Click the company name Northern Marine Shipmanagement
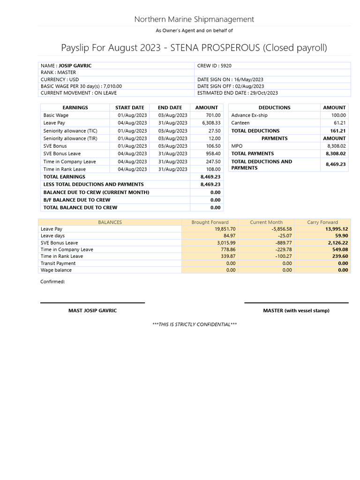(194, 19)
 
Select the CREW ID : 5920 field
(214, 66)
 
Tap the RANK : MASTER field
(58, 73)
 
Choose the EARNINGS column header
(75, 107)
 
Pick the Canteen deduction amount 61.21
(339, 123)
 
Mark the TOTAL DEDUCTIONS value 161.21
(337, 131)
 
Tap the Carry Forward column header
(322, 222)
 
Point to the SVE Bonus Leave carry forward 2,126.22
(337, 243)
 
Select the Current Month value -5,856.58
(280, 229)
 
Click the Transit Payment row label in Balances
(58, 263)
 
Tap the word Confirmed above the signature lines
(52, 282)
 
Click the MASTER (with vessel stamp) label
(296, 311)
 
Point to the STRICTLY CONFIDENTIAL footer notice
(194, 324)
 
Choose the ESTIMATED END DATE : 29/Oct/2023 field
(237, 93)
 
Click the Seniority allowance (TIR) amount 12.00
(214, 138)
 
